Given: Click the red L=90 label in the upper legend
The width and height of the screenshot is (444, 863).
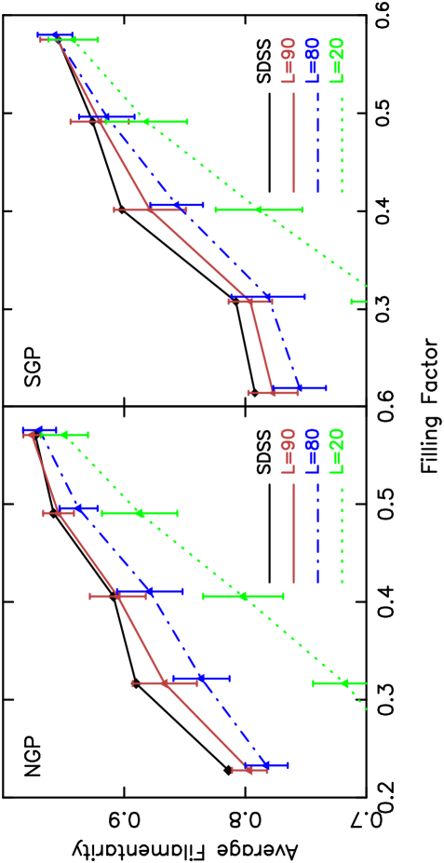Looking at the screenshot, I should tap(288, 61).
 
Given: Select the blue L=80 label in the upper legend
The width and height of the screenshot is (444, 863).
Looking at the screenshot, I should tap(312, 61).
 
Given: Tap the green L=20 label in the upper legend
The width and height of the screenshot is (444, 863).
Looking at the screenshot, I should tap(336, 61).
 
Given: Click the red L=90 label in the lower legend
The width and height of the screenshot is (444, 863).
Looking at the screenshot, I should tap(288, 452).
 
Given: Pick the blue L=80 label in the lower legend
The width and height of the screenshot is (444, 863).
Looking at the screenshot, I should tap(312, 452).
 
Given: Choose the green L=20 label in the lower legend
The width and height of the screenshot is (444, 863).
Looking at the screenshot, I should tap(336, 452).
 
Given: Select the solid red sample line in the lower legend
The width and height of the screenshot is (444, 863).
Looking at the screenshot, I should tap(293, 533).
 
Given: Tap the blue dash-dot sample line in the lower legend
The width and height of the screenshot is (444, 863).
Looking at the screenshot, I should tap(317, 533).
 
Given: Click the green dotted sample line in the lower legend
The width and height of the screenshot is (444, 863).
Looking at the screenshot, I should tap(342, 533).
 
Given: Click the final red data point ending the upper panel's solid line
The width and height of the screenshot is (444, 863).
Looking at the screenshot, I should tap(273, 393).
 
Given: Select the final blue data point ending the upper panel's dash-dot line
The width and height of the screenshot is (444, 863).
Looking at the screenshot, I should tap(299, 387).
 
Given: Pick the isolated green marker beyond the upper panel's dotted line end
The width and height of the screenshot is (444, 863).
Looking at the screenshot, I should tap(359, 302).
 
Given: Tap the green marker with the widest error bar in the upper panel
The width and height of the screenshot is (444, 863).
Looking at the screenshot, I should tap(258, 209).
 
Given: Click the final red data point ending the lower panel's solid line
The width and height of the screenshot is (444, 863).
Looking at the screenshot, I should tap(249, 770).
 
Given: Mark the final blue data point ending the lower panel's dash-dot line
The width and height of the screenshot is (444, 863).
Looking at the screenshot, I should tap(266, 765).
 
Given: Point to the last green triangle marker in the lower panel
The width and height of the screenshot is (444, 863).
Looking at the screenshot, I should tap(343, 683).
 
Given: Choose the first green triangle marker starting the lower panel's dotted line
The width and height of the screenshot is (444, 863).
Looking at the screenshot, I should tap(63, 435).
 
